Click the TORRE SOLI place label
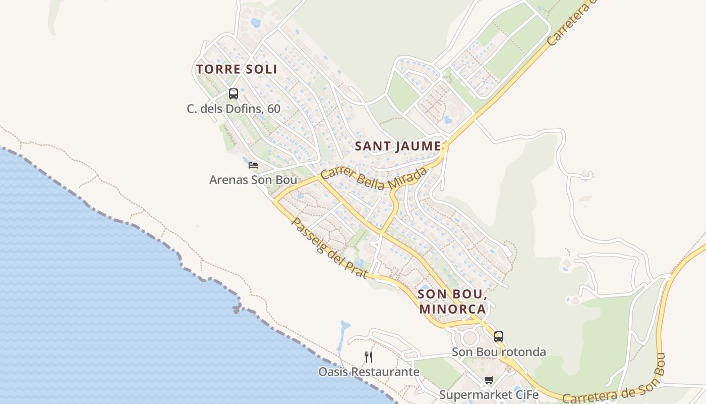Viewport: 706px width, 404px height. [x=237, y=69]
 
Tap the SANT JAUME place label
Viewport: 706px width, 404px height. [x=398, y=146]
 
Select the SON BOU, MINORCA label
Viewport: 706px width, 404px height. [x=452, y=301]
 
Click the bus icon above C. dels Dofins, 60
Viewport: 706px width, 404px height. [x=233, y=93]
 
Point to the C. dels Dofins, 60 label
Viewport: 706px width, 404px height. [x=233, y=109]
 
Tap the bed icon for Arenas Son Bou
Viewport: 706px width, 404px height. [x=253, y=165]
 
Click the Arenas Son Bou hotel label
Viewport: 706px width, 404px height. [x=253, y=180]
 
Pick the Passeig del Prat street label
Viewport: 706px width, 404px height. [x=328, y=248]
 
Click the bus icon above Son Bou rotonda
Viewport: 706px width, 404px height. [x=499, y=336]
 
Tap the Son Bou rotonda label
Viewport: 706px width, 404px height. [x=499, y=352]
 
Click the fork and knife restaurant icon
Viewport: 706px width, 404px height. [x=369, y=357]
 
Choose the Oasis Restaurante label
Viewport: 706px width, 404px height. [x=369, y=372]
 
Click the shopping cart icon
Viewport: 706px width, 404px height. [x=489, y=380]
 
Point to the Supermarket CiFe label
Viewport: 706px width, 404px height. [x=489, y=395]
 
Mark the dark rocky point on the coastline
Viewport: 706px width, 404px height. [x=237, y=308]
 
